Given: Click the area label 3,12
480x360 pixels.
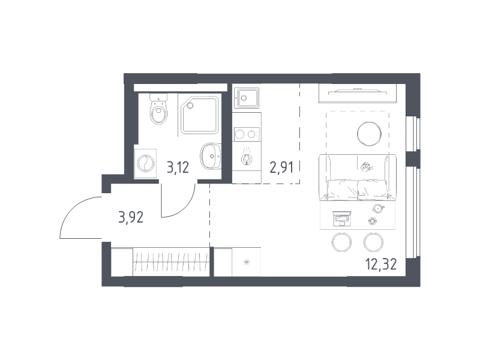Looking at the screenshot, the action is (x=178, y=167).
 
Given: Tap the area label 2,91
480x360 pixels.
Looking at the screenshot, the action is (x=281, y=167).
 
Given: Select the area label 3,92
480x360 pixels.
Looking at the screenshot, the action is (x=131, y=218).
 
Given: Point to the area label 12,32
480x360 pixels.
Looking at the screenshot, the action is (x=381, y=264).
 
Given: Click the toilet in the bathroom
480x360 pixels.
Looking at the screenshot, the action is (x=159, y=109).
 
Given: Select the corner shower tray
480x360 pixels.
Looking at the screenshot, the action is (x=200, y=115).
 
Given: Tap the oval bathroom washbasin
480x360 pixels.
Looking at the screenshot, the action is (x=211, y=156).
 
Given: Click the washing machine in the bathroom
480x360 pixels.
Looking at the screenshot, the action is (x=145, y=163).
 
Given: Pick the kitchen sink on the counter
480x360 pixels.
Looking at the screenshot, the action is (x=247, y=98).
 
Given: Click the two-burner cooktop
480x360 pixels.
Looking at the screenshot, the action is (x=247, y=134).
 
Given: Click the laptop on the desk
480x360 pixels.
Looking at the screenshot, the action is (x=341, y=219).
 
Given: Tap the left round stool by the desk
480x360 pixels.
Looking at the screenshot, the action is (x=341, y=242).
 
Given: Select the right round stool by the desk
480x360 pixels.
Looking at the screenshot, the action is (x=373, y=242).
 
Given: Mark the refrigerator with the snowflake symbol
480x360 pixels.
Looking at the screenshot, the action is (x=247, y=262).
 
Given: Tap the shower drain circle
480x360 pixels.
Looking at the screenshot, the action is (x=190, y=106).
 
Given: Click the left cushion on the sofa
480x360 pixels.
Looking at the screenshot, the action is (x=343, y=190).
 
